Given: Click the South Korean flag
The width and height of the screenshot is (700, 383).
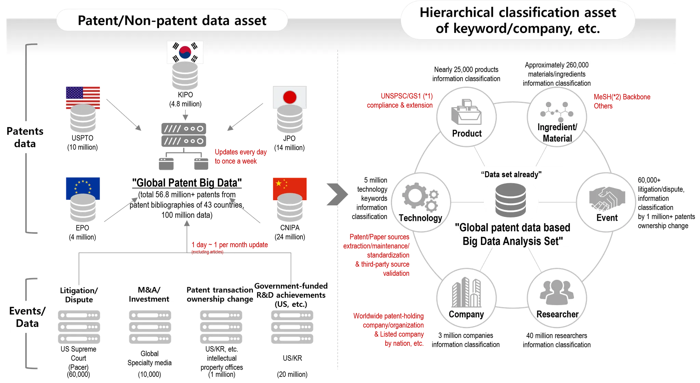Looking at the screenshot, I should click(185, 52).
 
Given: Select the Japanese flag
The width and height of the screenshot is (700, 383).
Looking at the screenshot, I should click(290, 97).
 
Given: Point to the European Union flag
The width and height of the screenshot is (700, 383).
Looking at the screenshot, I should click(82, 188).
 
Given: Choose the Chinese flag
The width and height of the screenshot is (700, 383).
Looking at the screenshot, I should click(290, 187).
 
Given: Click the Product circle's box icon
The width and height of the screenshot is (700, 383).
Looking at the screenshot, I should click(466, 112).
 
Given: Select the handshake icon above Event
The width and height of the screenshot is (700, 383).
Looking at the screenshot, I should click(607, 198).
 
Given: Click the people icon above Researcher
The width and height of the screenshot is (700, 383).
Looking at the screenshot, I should click(557, 292).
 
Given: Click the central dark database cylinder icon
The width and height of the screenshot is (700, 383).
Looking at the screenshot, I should click(511, 200).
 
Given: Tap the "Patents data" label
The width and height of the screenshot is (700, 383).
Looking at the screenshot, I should click(25, 137).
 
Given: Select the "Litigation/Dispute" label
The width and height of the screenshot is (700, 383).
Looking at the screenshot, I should click(79, 295).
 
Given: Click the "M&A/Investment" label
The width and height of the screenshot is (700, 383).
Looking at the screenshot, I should click(149, 294).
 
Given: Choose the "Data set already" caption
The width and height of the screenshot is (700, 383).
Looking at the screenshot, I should click(511, 174).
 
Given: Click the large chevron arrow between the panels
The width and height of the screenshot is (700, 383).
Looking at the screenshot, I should click(337, 194).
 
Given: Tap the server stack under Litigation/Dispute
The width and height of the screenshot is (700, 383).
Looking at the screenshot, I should click(78, 326).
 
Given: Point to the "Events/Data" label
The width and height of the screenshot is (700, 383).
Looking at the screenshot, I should click(27, 317).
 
